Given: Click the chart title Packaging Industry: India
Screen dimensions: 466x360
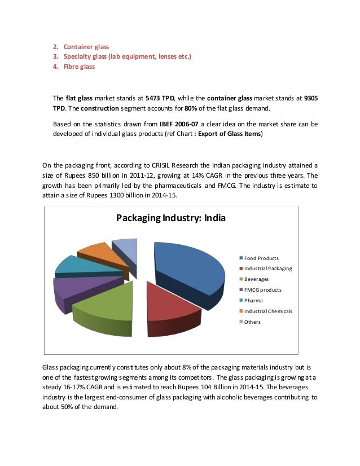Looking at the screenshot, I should pos(170,217).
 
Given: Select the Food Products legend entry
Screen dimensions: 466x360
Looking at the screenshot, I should pos(261,258).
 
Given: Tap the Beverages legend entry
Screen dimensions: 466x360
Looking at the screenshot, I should pos(256,279).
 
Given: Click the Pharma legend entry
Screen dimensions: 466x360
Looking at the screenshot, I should pos(253,301).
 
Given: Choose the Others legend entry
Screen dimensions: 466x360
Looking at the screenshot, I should pos(252,322).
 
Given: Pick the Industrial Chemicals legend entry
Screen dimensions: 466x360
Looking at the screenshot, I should pos(268,311).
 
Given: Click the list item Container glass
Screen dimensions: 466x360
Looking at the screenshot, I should pos(86,46).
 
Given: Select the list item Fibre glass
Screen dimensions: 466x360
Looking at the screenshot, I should pos(79,67).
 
